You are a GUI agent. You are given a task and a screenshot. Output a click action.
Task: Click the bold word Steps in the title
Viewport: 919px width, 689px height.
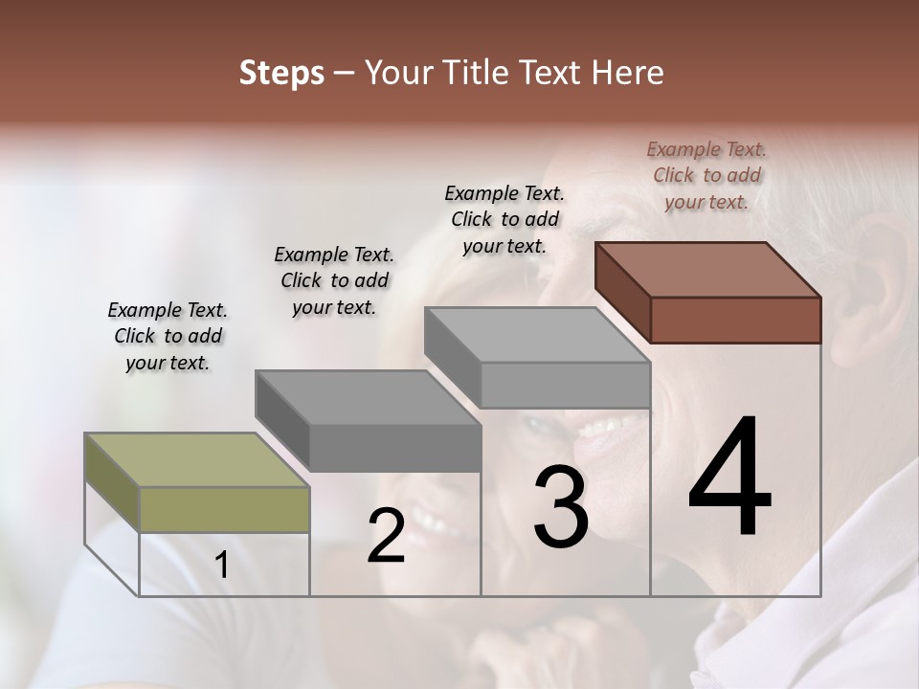coord(281,73)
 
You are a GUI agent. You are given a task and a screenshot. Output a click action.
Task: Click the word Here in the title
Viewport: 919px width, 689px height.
coord(627,73)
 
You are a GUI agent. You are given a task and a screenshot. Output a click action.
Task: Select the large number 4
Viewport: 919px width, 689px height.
coord(729,478)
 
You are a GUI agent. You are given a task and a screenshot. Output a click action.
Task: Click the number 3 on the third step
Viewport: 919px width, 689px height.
coord(560,507)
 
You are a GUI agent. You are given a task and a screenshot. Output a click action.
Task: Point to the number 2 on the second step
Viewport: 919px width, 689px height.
coord(386,536)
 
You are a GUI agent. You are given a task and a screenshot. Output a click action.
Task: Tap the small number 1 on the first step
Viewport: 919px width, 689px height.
coord(221,566)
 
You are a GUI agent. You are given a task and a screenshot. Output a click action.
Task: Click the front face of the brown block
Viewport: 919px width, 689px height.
coord(735,320)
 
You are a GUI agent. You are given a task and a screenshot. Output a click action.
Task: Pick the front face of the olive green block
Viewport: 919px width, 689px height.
coord(224,509)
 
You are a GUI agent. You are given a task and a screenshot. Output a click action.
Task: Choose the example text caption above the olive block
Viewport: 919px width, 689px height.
coord(168,336)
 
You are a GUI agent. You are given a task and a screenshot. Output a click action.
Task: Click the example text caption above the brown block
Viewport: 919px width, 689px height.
coord(706,175)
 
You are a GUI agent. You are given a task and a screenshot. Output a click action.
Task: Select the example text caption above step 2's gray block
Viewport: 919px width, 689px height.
coord(334,280)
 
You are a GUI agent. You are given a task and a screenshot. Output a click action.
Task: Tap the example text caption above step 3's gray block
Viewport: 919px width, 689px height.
coord(504,219)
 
